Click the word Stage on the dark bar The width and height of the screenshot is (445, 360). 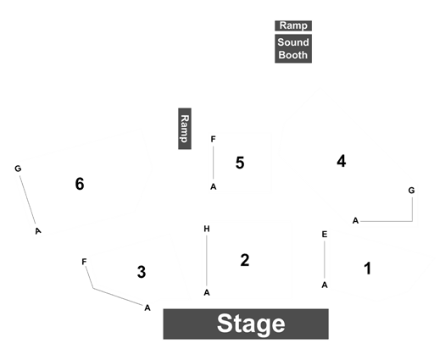coord(251,324)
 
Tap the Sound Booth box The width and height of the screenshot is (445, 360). coord(293,48)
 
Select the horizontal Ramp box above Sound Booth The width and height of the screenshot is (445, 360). coord(293,25)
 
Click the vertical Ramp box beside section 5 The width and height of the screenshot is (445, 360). coord(185,129)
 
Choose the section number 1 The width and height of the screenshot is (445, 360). coord(368,269)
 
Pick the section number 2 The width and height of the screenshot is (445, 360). coord(245,260)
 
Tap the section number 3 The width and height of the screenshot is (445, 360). coord(142,272)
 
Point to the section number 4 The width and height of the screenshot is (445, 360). coord(342,161)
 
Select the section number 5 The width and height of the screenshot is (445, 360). coord(240,163)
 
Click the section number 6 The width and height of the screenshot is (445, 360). coord(80,184)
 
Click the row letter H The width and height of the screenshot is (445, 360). coord(207,229)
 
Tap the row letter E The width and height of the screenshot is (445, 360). coord(325,235)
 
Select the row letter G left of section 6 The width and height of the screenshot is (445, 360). coord(18,169)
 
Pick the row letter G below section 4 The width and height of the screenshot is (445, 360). coord(411,191)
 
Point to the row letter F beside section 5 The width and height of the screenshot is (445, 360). coord(213,139)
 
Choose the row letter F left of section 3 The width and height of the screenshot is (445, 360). coord(84,262)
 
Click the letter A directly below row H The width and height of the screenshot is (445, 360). coord(207,292)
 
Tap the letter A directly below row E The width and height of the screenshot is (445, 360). coord(325,285)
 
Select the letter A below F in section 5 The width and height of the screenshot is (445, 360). coord(213,186)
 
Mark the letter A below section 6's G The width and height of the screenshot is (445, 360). coord(38,231)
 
